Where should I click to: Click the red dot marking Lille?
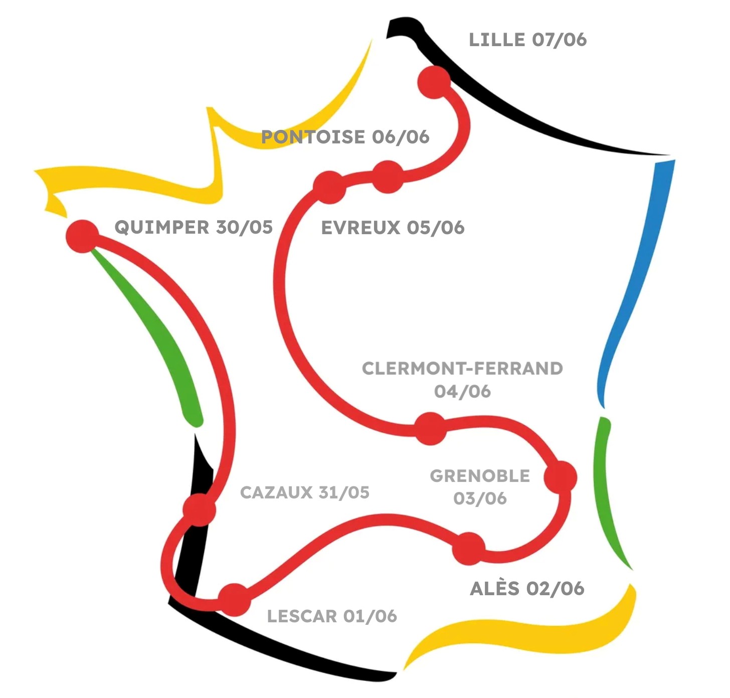(x=434, y=82)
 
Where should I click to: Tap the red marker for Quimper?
(x=83, y=236)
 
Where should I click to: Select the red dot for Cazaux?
(x=199, y=509)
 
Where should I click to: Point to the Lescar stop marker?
(x=234, y=600)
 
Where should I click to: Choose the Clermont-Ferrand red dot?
(x=430, y=429)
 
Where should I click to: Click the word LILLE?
(x=497, y=40)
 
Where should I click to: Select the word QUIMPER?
(x=161, y=227)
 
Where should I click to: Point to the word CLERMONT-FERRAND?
(x=462, y=369)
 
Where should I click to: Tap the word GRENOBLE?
(x=480, y=476)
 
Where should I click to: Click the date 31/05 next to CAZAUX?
(x=344, y=492)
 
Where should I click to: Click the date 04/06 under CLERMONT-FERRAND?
(x=462, y=392)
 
